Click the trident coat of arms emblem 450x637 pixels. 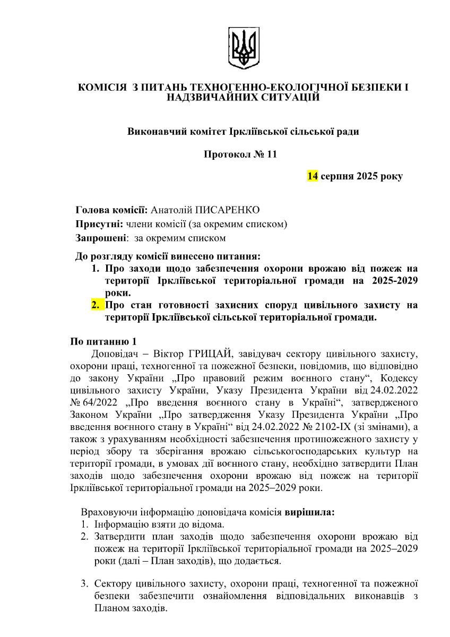pos(244,49)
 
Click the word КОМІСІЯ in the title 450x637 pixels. pos(102,87)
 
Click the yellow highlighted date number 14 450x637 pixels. pos(312,176)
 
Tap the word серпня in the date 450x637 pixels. pos(337,176)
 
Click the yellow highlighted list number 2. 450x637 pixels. pos(95,305)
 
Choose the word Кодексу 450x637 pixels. pos(395,378)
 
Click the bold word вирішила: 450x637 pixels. pos(310,513)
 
